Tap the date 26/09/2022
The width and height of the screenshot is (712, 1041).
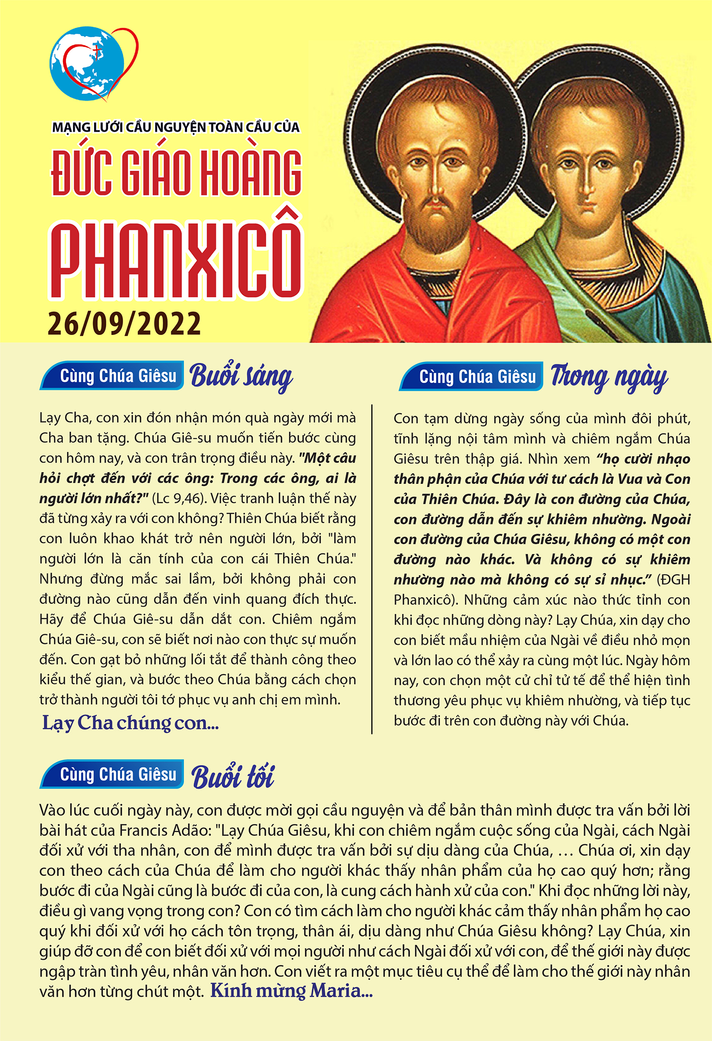click(125, 324)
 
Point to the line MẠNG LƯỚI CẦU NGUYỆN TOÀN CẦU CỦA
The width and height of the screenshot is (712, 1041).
click(176, 127)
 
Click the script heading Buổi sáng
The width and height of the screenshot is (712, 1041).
click(241, 377)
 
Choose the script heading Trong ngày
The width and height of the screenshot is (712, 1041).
click(609, 378)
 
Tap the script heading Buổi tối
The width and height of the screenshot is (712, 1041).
click(233, 777)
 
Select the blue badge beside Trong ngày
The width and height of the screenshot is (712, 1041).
click(472, 377)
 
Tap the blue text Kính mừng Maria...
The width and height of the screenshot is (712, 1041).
click(291, 991)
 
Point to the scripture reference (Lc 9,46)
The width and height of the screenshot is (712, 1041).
click(176, 498)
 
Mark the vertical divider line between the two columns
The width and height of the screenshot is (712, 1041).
click(372, 569)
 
